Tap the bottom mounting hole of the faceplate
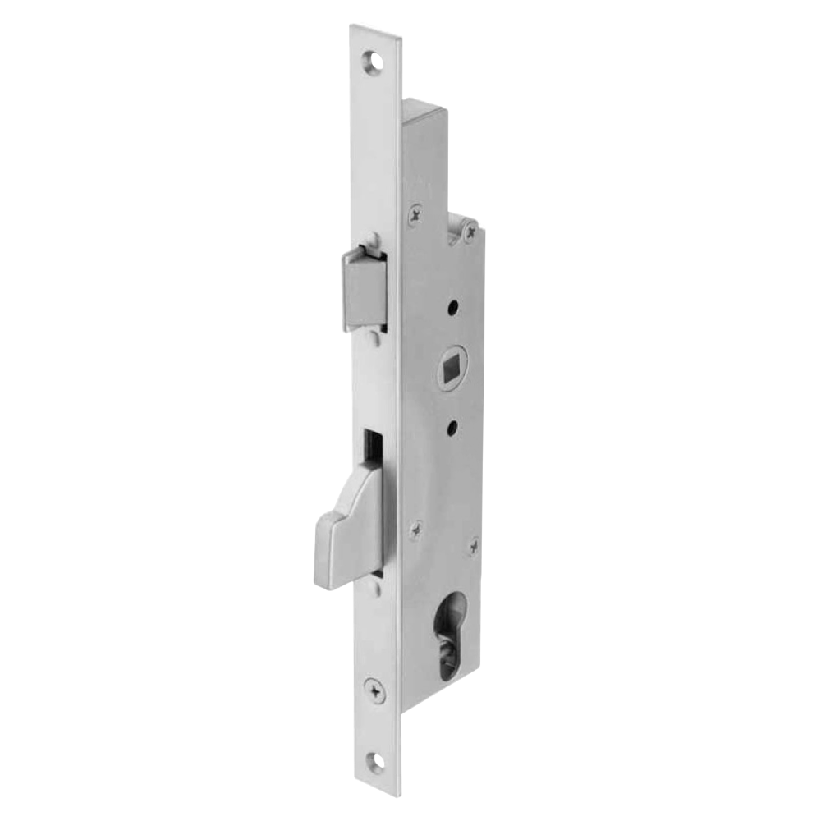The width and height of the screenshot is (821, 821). [x=378, y=759]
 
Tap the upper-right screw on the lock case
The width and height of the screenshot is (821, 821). [x=470, y=236]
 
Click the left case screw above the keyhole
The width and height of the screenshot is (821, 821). [x=421, y=530]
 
